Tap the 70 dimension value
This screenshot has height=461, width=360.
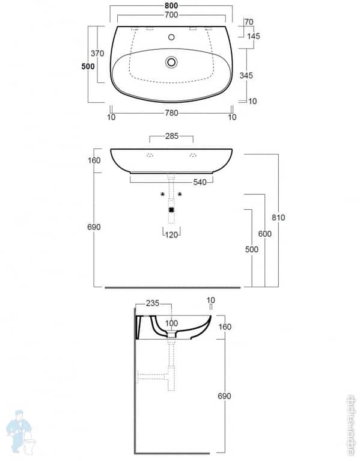249,22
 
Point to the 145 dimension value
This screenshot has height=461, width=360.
253,37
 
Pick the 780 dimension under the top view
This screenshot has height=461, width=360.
171,117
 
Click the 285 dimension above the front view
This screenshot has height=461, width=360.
171,136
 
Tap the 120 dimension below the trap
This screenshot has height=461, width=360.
172,234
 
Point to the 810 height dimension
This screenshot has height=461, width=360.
278,217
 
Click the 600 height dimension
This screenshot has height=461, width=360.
264,234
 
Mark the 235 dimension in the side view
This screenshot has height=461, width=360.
153,304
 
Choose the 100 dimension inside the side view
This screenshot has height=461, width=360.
172,323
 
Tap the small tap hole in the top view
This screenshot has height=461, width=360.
172,37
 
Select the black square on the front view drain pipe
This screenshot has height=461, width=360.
172,210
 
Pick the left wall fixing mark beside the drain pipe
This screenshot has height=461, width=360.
163,194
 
